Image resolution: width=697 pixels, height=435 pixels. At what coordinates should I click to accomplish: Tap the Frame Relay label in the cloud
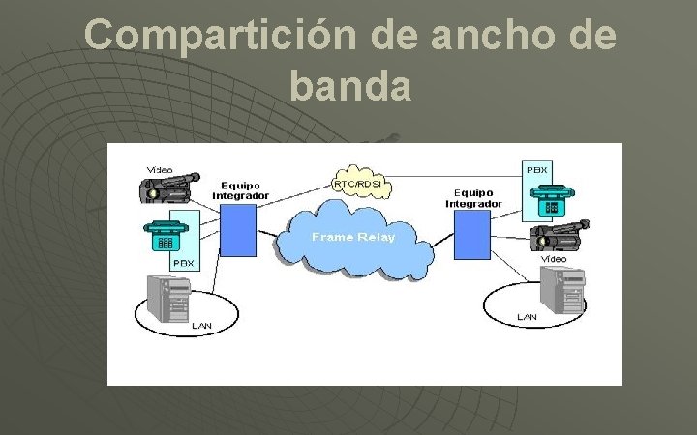click(352, 238)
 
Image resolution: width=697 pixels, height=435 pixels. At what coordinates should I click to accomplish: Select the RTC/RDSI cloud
click(356, 184)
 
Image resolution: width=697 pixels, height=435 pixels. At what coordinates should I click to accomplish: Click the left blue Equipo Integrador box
click(237, 229)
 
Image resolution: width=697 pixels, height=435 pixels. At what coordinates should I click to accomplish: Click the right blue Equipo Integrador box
click(472, 235)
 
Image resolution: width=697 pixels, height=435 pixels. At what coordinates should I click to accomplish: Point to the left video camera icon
click(167, 188)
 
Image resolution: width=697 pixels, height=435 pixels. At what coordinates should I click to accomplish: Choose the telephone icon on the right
click(549, 198)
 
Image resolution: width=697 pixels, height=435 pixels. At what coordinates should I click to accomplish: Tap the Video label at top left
click(160, 170)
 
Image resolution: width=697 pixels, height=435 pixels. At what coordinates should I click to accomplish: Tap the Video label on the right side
click(554, 259)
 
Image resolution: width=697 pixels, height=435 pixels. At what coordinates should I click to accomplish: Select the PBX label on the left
click(183, 262)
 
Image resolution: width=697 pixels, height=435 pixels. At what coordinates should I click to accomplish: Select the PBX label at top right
click(536, 169)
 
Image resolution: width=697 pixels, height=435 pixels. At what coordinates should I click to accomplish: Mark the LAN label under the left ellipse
click(201, 326)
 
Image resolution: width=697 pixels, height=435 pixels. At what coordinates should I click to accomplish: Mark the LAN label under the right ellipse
click(527, 317)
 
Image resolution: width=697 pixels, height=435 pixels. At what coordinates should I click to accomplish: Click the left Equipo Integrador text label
click(240, 190)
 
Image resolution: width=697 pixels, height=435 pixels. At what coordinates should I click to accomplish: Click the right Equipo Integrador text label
click(473, 198)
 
